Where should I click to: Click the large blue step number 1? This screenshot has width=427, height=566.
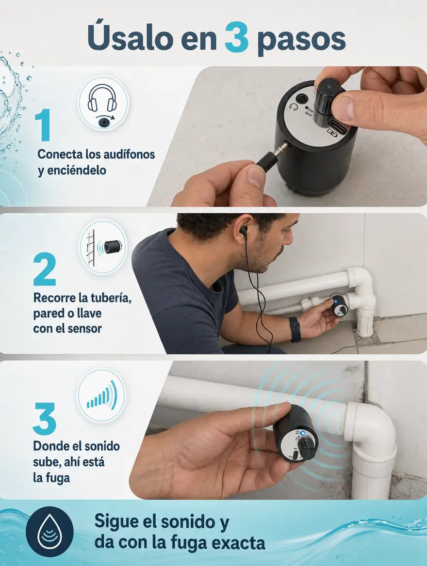point(43,125)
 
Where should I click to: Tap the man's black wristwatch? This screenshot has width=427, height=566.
point(295,329)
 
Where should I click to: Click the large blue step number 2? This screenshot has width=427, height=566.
point(45,269)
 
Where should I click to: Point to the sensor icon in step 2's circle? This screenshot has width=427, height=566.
point(113,247)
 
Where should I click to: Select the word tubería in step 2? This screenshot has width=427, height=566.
point(111,298)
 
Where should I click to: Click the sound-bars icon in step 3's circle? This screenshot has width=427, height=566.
point(102,395)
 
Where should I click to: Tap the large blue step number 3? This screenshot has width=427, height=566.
point(45,418)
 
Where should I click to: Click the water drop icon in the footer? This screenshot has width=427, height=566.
point(49,531)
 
